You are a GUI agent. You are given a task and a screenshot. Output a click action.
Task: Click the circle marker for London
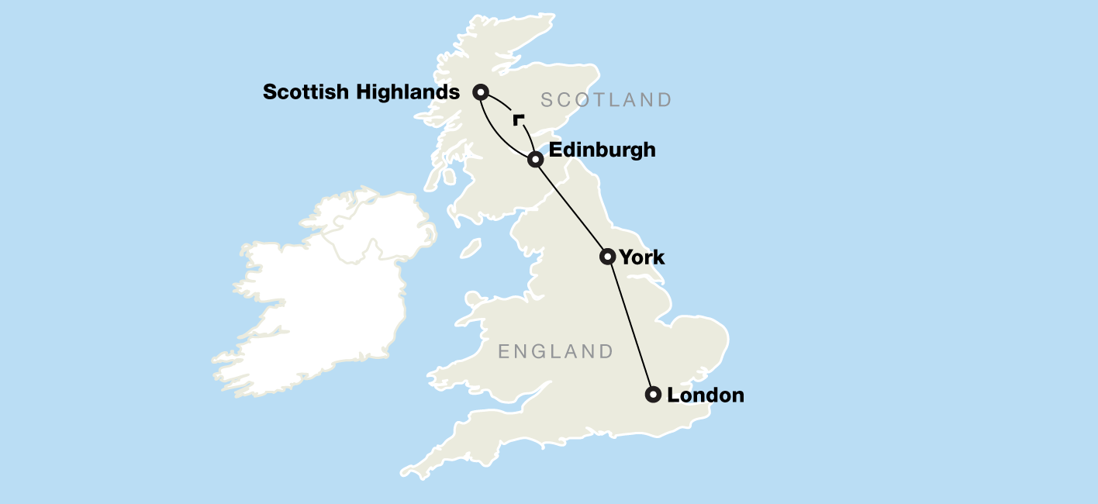[x=654, y=395]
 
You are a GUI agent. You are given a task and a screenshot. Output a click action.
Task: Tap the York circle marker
[x=608, y=257]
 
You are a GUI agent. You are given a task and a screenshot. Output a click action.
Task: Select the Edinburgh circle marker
[x=535, y=160]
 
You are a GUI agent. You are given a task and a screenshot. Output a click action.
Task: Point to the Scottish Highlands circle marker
[x=481, y=92]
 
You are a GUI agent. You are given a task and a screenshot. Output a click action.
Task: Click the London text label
[x=705, y=395]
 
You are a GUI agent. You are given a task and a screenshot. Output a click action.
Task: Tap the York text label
[x=642, y=257]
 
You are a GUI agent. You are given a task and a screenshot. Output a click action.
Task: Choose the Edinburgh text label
[x=602, y=150]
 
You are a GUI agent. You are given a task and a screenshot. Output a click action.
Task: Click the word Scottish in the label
[x=306, y=92]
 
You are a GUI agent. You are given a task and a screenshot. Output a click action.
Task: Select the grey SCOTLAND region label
[x=606, y=100]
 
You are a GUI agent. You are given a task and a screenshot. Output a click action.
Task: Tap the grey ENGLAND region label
[x=555, y=352]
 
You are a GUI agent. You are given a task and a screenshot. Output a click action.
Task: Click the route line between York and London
[x=631, y=326]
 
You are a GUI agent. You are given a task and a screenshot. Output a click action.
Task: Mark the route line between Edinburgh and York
[x=571, y=208]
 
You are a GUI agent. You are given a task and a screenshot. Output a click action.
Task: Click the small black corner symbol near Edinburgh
[x=517, y=119]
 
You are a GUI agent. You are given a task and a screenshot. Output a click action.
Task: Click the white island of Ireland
[x=326, y=295]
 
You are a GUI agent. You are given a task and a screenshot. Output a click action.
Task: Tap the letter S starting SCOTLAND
[x=547, y=100]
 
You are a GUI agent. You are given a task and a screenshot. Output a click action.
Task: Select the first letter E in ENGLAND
[x=504, y=352]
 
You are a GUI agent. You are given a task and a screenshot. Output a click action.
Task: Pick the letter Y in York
[x=627, y=257]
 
